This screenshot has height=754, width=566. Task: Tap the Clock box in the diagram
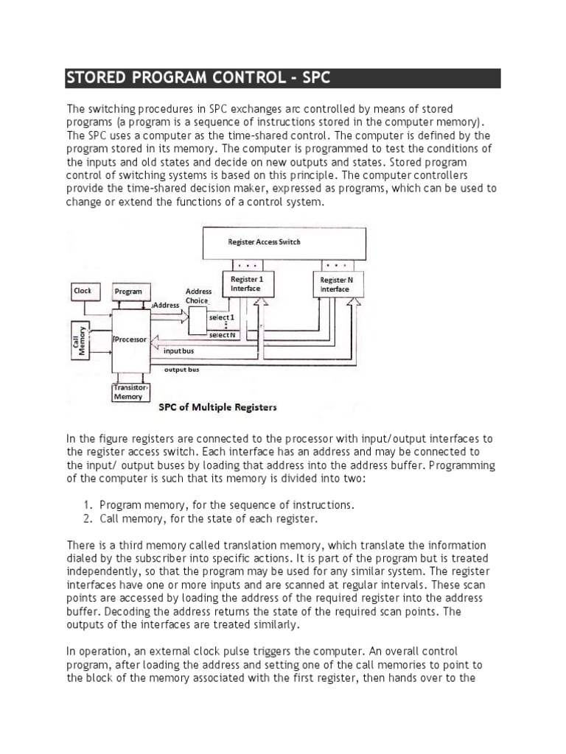(83, 292)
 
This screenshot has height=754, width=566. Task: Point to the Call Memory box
(80, 340)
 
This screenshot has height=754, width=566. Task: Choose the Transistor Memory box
(130, 392)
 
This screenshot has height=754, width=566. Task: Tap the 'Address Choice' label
(198, 296)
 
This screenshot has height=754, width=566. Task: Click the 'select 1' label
(222, 317)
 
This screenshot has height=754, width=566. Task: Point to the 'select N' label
(222, 335)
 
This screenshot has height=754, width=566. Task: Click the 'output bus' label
(181, 370)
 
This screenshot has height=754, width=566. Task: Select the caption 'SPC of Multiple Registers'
(218, 406)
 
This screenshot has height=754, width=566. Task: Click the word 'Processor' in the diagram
(132, 340)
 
